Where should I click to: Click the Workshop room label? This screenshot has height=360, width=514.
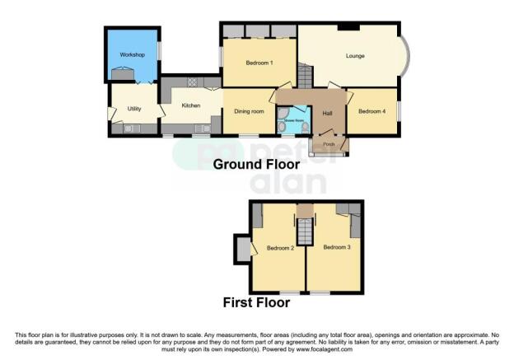pos(132,54)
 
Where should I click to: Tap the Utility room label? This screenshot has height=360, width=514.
pos(135,108)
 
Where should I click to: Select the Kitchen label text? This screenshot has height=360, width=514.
pos(191,105)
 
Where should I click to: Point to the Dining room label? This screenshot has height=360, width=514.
pos(249,111)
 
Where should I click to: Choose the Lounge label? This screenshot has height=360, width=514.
pos(354,56)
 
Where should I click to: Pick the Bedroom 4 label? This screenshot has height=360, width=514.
pos(372,111)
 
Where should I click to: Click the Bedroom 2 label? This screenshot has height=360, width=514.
pos(280,248)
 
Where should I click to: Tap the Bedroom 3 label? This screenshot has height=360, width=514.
pos(337,247)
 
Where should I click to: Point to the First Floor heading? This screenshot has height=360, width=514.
pos(257,302)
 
